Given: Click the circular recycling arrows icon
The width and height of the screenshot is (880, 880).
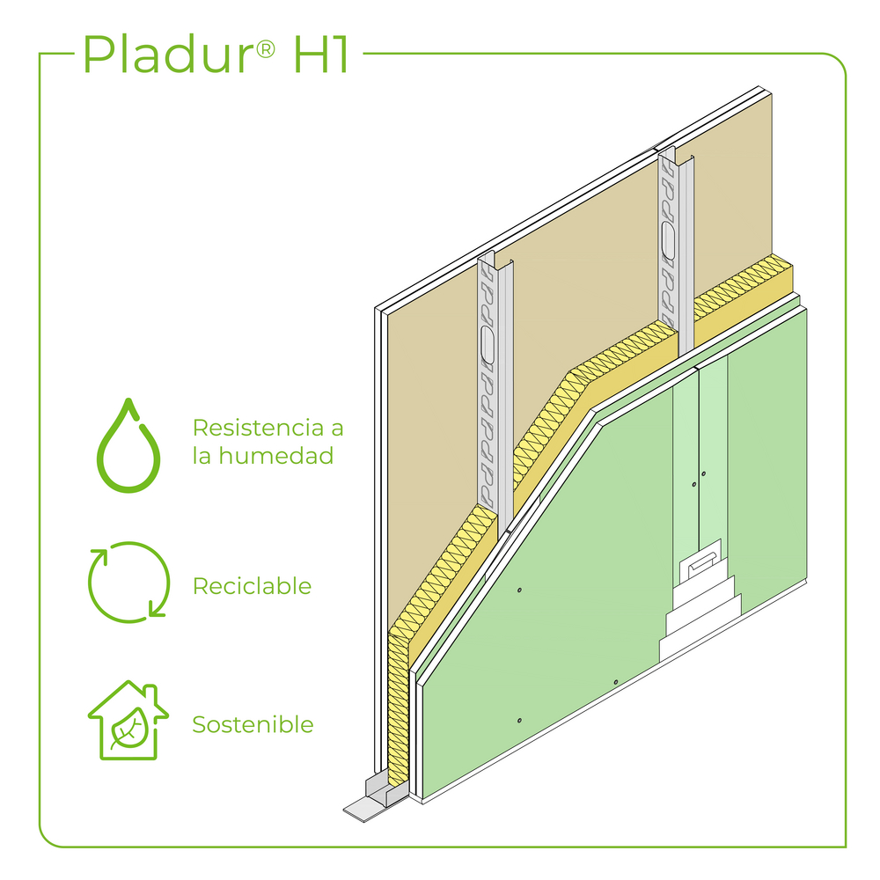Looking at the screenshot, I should pos(128,581).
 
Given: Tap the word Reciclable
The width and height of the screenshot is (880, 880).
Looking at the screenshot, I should pos(252,585).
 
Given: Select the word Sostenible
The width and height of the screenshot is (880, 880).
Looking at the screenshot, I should pos(253,724).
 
